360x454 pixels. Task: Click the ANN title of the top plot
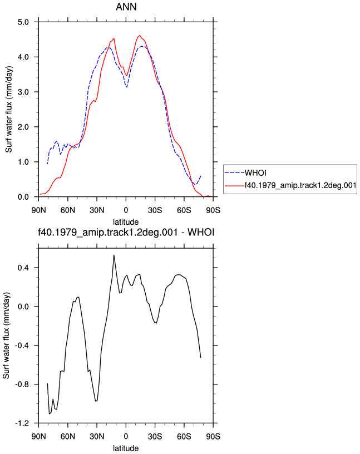pyautogui.click(x=126, y=7)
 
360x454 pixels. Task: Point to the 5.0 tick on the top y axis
pyautogui.click(x=23, y=22)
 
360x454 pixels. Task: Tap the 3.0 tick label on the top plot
pyautogui.click(x=23, y=92)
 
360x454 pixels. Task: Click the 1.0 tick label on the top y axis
pyautogui.click(x=23, y=162)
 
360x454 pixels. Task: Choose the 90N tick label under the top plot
pyautogui.click(x=39, y=210)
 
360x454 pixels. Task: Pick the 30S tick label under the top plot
pyautogui.click(x=155, y=210)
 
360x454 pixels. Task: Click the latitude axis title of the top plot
pyautogui.click(x=126, y=222)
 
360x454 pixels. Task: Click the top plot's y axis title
pyautogui.click(x=9, y=109)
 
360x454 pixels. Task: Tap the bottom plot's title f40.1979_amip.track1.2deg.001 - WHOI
pyautogui.click(x=126, y=232)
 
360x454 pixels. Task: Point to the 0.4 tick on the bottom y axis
pyautogui.click(x=23, y=268)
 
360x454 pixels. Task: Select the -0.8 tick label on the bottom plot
pyautogui.click(x=22, y=384)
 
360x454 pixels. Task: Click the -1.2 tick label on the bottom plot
pyautogui.click(x=22, y=423)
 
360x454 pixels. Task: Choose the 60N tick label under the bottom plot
pyautogui.click(x=68, y=436)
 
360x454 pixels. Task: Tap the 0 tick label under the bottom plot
pyautogui.click(x=126, y=436)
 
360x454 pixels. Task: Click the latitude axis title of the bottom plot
pyautogui.click(x=126, y=448)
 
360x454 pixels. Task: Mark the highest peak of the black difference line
pyautogui.click(x=114, y=255)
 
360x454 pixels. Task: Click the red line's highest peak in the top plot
pyautogui.click(x=140, y=36)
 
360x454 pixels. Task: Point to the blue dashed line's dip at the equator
pyautogui.click(x=126, y=87)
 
